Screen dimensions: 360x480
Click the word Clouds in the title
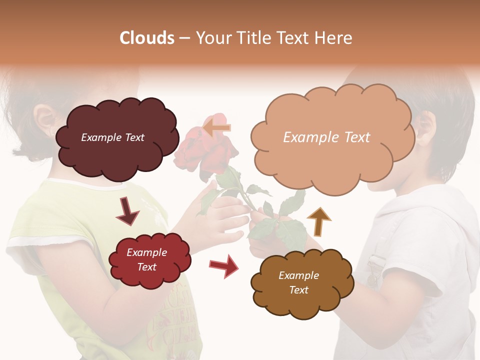click(x=147, y=38)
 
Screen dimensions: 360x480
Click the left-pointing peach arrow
click(x=217, y=127)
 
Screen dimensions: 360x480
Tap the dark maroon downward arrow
click(x=127, y=211)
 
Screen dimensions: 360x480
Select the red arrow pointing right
click(x=223, y=265)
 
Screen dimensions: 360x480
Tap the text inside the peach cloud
click(x=326, y=137)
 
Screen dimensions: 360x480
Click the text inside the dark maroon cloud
click(x=112, y=137)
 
